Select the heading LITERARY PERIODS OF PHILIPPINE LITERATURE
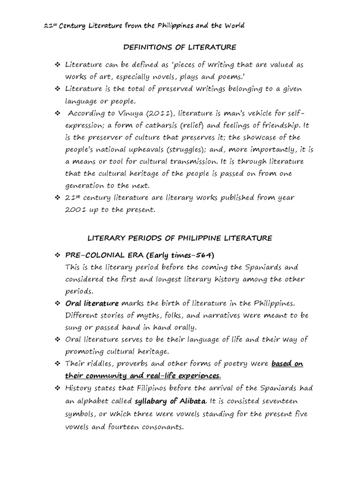(x=180, y=238)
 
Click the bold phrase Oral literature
(x=92, y=303)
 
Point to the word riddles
(x=99, y=364)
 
